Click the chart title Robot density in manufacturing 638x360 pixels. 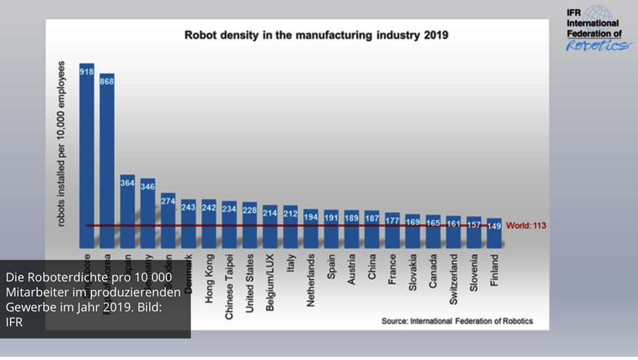(316, 35)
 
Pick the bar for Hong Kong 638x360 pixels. (209, 224)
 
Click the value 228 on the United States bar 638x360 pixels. (250, 210)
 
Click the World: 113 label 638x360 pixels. (526, 226)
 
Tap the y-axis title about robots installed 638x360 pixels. (62, 143)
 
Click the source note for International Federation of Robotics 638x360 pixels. (457, 321)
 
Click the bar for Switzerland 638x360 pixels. (453, 232)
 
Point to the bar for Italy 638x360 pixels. (291, 226)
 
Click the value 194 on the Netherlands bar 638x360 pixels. (311, 217)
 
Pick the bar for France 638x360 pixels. (392, 230)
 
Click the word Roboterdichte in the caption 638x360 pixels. (56, 278)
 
